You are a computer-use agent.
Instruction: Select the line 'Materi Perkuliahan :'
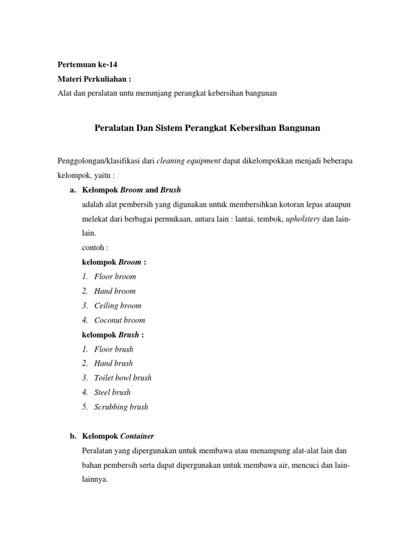click(94, 79)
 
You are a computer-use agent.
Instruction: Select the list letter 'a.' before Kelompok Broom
click(73, 190)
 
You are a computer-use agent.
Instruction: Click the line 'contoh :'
click(95, 247)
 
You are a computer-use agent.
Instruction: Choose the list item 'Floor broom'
click(115, 276)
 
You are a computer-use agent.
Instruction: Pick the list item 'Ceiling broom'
click(118, 306)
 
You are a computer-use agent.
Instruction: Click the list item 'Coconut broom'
click(119, 320)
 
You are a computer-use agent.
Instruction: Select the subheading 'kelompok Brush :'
click(112, 334)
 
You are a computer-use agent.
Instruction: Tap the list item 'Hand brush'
click(113, 363)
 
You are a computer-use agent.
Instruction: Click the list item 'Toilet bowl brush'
click(123, 378)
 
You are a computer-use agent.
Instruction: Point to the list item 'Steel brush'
click(112, 392)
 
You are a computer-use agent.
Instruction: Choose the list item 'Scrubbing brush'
click(121, 407)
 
